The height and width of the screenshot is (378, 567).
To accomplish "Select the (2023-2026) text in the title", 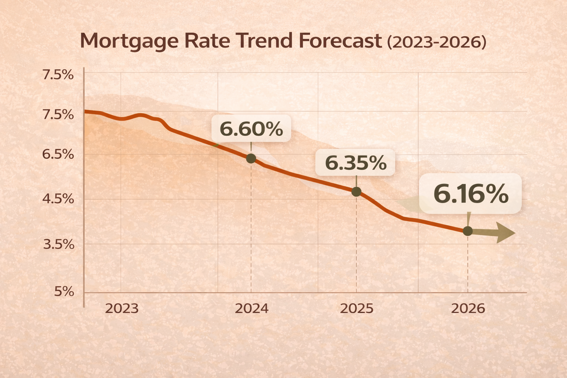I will (436, 42).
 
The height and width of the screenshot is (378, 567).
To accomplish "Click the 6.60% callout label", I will (251, 129).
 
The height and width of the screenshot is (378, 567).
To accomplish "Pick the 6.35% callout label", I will (355, 162).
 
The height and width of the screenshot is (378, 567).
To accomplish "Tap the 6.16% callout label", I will (471, 194).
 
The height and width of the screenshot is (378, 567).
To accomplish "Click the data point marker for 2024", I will (251, 158).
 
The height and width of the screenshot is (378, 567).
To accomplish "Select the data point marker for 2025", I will (356, 192).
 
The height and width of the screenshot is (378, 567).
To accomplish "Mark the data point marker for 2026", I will (468, 231).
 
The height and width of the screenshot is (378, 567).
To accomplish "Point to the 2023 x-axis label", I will (122, 308).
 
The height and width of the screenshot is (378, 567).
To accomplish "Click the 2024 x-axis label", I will (252, 308).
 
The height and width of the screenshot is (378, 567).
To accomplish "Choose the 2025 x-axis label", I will (357, 308).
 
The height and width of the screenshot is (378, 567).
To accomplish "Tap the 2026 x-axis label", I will (468, 308).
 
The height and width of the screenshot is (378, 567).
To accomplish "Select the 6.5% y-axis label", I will (58, 154).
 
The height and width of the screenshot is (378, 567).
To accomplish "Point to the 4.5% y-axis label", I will (58, 199).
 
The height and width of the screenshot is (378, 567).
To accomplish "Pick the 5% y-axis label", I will (64, 292).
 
